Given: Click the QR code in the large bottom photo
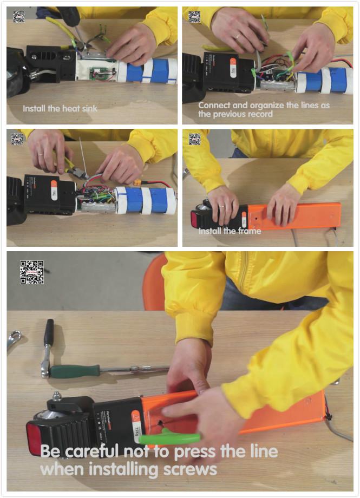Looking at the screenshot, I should [x=32, y=272].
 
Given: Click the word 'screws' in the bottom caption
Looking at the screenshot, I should [x=190, y=468].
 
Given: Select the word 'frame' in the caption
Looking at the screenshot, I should [x=248, y=231].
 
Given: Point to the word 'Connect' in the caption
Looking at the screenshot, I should [x=215, y=105].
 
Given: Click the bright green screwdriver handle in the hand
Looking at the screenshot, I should [x=168, y=438].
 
